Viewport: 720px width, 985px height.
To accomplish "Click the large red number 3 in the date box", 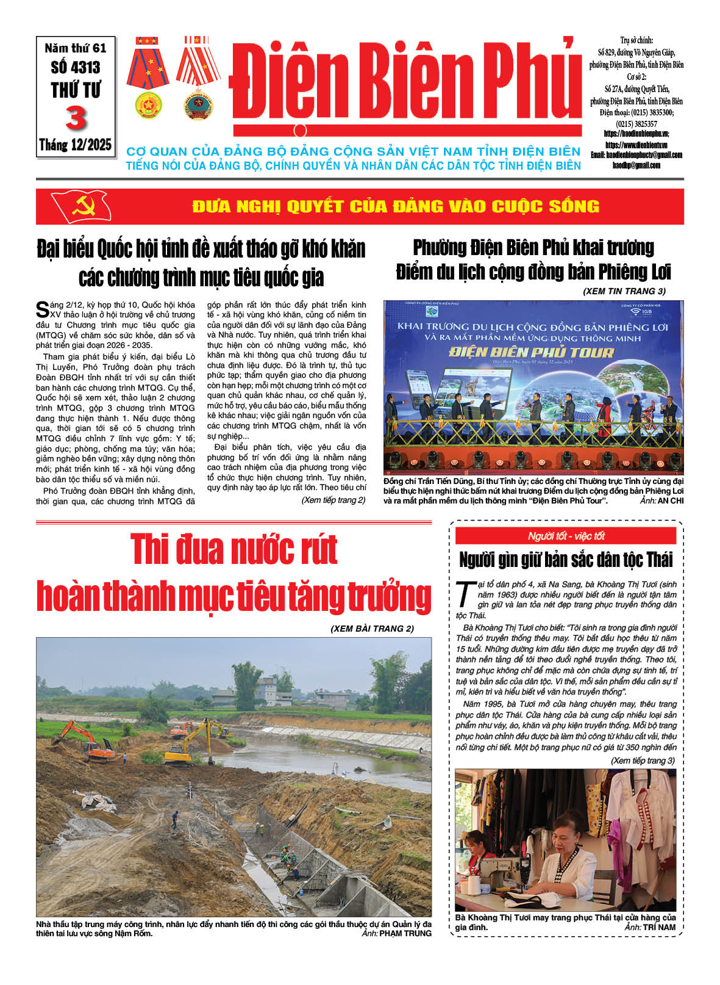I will (x=76, y=118).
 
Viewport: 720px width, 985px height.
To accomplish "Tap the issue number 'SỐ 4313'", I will (x=76, y=67).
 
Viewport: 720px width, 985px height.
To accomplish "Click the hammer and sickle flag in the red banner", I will (x=81, y=206).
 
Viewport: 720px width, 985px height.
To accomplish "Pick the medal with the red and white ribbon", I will (x=198, y=76).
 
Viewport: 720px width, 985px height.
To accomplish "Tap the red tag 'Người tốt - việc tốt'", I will (x=566, y=536).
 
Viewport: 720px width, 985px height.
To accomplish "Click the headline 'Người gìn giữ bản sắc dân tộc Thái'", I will (x=566, y=560).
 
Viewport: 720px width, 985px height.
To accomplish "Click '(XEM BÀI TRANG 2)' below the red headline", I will (x=372, y=628).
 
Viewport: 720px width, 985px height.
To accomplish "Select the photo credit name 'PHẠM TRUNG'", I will (x=405, y=933).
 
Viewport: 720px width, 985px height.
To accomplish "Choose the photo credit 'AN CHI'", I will (x=671, y=500).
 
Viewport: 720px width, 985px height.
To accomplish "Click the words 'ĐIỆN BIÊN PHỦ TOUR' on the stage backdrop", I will (x=531, y=352).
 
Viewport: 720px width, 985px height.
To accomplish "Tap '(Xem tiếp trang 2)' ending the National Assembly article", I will (x=333, y=500).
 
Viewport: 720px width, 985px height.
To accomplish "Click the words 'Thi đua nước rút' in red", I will (x=234, y=549).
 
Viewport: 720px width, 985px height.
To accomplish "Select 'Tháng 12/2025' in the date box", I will (x=76, y=145).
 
